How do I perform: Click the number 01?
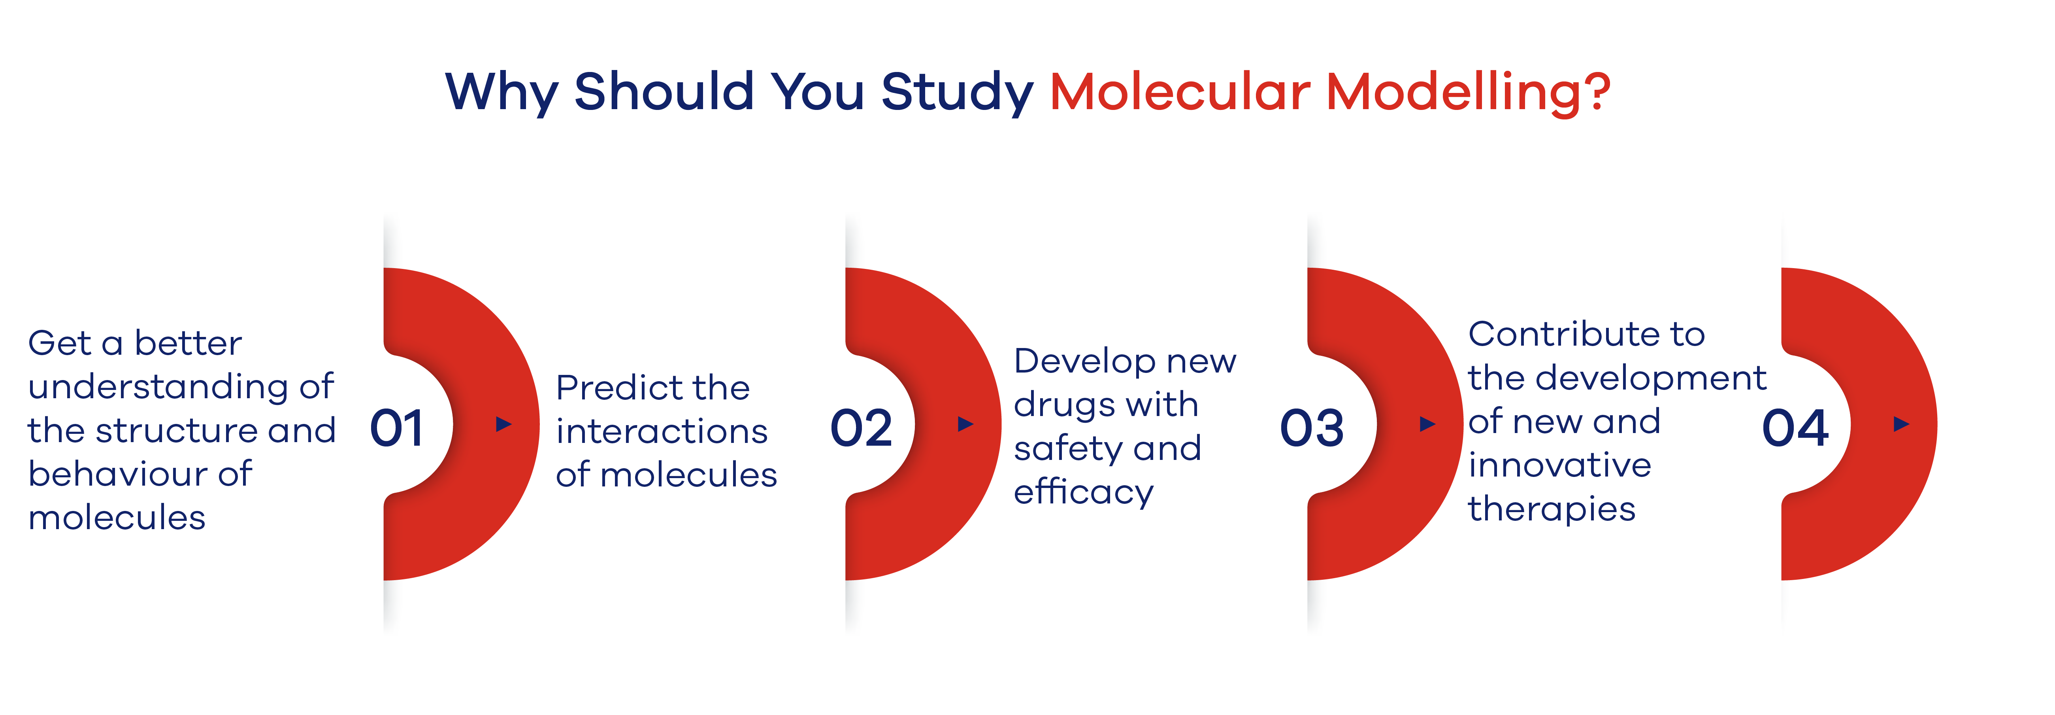[396, 429]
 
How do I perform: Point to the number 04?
[1795, 429]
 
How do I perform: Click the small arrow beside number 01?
[503, 424]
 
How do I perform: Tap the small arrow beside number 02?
[965, 424]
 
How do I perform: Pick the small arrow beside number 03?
[1427, 424]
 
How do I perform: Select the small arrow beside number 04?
[1901, 424]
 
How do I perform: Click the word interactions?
[661, 432]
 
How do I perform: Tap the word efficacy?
[1083, 492]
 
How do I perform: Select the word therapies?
[1552, 509]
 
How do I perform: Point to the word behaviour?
[118, 474]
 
